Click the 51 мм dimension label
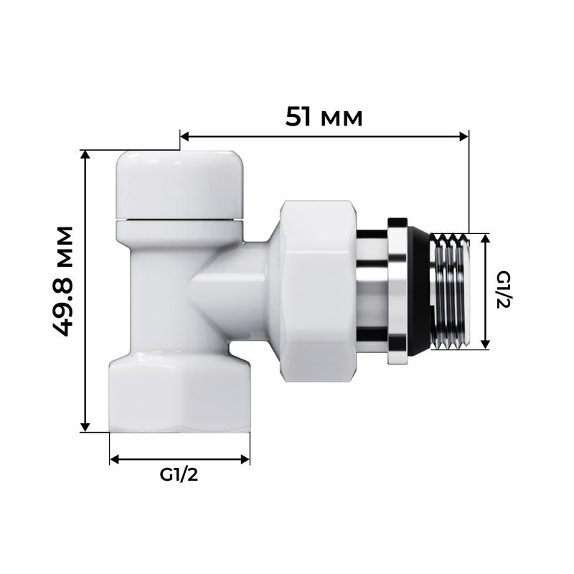(324, 116)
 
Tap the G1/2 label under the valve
(179, 476)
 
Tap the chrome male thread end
(451, 291)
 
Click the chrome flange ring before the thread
(397, 290)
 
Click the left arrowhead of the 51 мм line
(184, 136)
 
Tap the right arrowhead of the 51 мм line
(464, 136)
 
